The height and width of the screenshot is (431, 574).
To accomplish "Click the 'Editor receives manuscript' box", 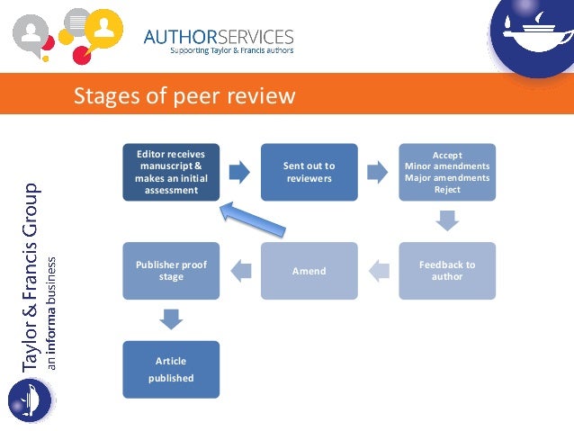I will point(171,172).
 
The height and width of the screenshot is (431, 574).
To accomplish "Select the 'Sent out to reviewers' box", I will point(309,172).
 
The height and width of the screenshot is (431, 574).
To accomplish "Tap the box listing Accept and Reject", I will point(447,172).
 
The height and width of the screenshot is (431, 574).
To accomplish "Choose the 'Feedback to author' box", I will point(447,271).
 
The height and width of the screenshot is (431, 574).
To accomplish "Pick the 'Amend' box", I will point(309,271).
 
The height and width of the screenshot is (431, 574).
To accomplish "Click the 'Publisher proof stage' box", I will point(171,271).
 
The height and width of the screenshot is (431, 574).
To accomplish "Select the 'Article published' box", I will point(171,370).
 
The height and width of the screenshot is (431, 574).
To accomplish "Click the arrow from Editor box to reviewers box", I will point(240,169).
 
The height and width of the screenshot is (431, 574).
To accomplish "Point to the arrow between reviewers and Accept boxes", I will point(379,169).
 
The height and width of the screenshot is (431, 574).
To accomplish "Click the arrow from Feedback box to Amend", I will point(379,266).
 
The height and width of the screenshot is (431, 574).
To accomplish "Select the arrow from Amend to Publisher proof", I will point(240,266).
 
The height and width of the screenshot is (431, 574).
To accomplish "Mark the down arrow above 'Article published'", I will point(171,319).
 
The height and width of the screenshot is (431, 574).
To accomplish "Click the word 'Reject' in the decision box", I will point(447,190).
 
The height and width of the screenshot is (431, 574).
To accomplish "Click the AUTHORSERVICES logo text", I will point(220,37).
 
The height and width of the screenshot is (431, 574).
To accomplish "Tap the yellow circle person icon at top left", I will point(106,26).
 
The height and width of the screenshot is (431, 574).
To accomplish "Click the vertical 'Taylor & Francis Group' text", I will point(31,279).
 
